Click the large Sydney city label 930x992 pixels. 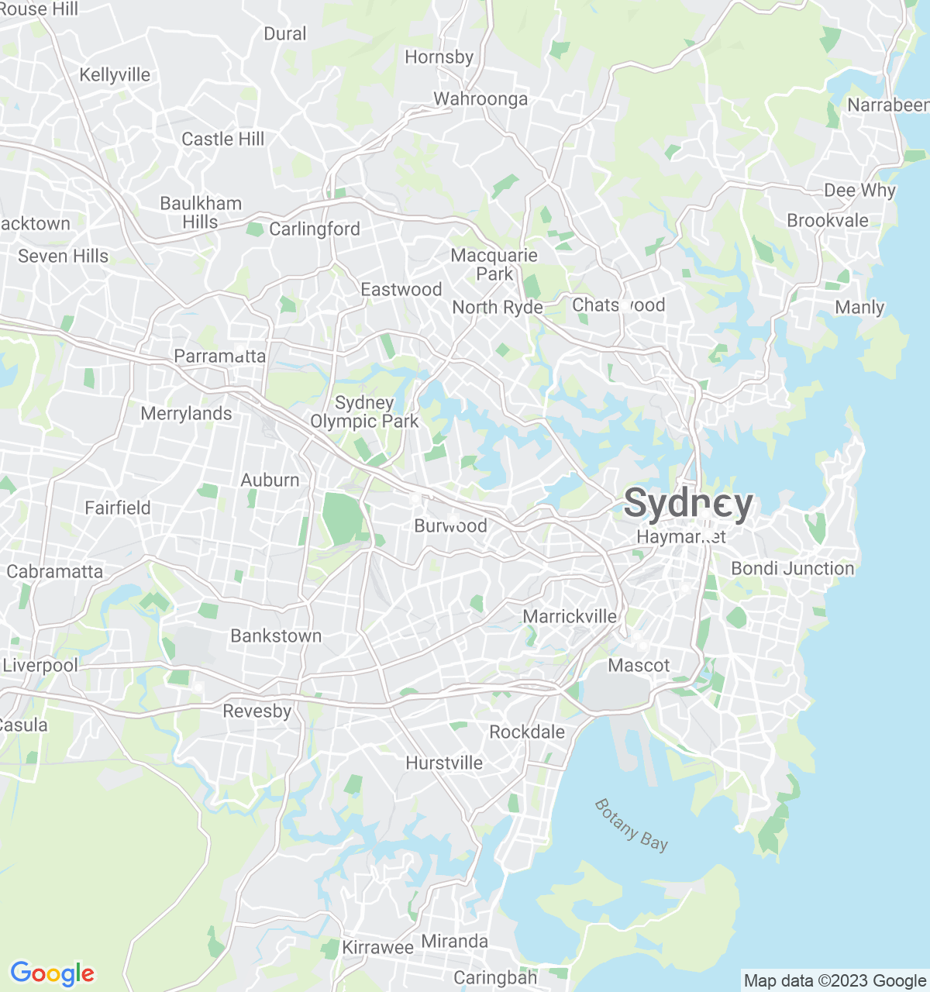[x=688, y=505]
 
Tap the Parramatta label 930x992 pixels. [x=219, y=356]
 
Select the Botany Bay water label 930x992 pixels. [x=631, y=825]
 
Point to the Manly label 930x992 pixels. [x=859, y=308]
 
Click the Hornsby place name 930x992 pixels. [x=439, y=57]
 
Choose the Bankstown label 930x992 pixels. [x=276, y=636]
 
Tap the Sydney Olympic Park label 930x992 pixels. [x=364, y=412]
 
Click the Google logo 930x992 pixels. [x=53, y=973]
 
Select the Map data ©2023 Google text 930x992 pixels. [x=835, y=981]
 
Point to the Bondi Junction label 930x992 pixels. [x=793, y=569]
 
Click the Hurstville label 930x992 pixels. [x=444, y=763]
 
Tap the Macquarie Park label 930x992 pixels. [x=494, y=264]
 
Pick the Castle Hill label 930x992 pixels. [x=223, y=139]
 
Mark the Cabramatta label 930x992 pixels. [x=54, y=572]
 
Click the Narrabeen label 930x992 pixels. [x=888, y=105]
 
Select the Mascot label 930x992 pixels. [x=639, y=666]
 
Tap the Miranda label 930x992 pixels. [x=454, y=942]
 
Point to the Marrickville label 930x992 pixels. [x=570, y=617]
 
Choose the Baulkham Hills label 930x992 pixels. [x=201, y=212]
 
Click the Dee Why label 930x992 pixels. [x=859, y=191]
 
